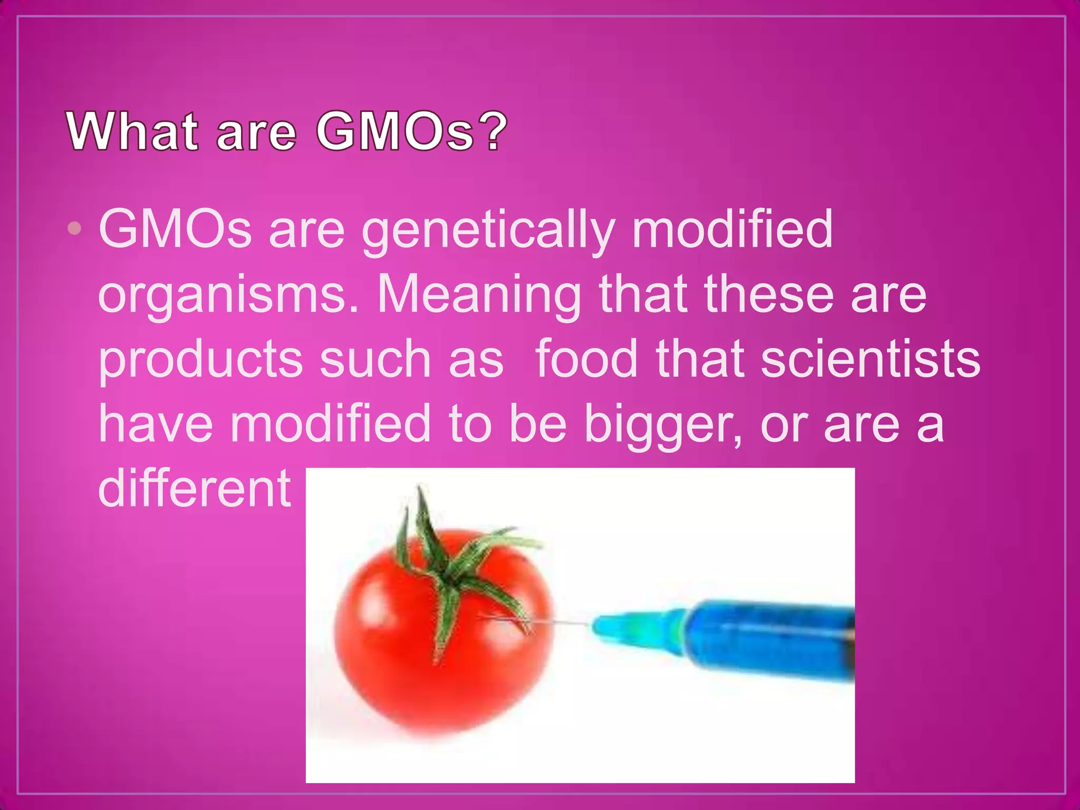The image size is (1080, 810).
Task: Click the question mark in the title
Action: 495,131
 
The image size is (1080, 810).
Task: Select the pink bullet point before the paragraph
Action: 75,228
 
